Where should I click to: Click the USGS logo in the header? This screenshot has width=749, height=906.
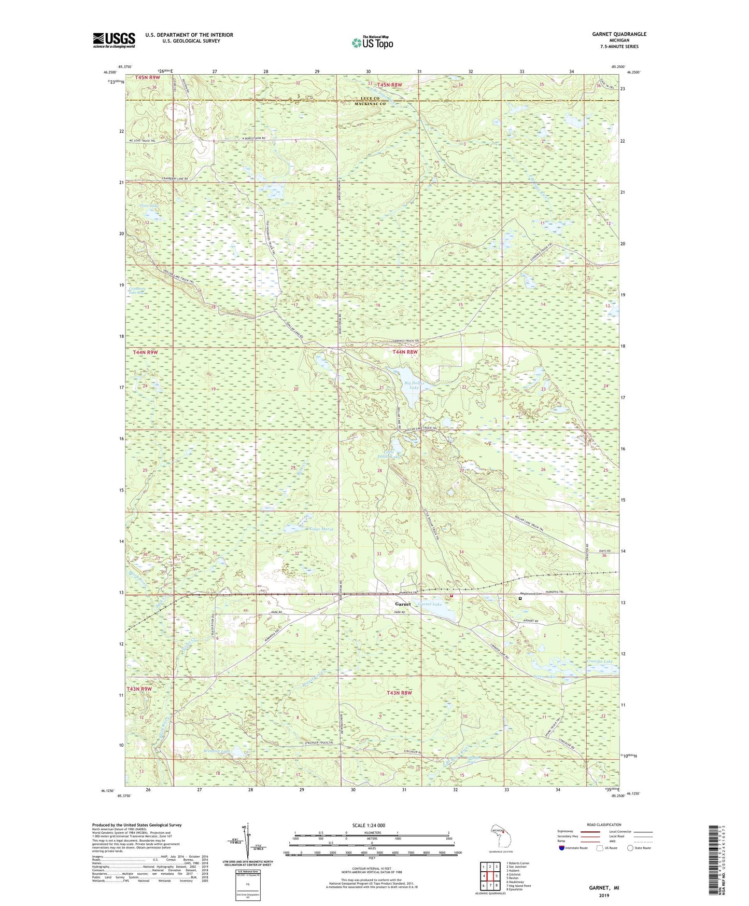114,40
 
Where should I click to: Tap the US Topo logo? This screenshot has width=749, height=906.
372,43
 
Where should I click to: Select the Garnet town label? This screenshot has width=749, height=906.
403,604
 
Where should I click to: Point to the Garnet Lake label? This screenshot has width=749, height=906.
430,605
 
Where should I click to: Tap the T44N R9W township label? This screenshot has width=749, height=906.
145,352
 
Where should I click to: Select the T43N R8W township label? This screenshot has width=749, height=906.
399,693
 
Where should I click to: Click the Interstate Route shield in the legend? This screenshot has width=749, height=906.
562,848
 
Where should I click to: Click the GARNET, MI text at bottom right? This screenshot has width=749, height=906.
604,888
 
